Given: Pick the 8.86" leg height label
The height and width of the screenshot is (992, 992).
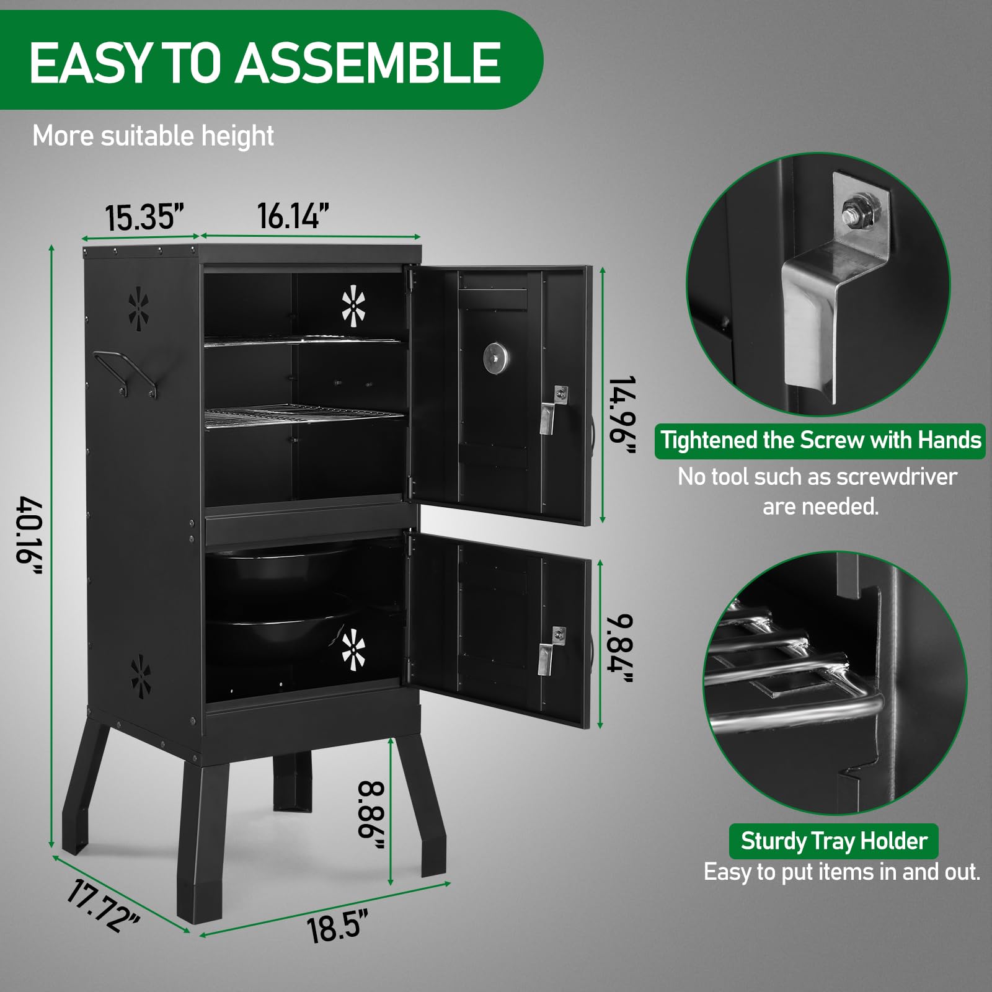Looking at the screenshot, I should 371,817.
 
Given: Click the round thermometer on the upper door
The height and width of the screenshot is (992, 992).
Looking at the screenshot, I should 495,358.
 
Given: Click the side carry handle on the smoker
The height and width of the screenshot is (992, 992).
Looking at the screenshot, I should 124,372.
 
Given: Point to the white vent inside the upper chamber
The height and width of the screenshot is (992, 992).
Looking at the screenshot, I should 353,306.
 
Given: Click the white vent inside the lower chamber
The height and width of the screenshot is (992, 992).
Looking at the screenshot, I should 353,650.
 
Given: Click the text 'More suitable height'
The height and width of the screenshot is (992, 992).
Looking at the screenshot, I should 153,136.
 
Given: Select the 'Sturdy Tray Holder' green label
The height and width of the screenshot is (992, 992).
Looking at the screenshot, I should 833,841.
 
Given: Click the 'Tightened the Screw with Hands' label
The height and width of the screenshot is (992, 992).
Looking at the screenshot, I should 820,440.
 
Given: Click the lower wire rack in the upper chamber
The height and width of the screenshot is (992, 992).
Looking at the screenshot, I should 304,414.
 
